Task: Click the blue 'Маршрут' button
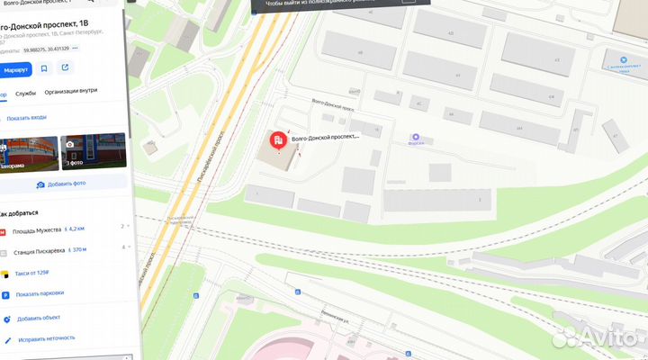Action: pos(15,68)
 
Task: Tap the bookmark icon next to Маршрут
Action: pos(44,68)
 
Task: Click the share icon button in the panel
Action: pos(65,68)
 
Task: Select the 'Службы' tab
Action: pos(25,92)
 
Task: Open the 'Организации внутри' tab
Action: pos(70,92)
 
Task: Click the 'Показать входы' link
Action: pos(25,118)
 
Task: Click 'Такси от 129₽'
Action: pos(31,273)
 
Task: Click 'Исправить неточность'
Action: pos(45,339)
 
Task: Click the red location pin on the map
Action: pos(279,140)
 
